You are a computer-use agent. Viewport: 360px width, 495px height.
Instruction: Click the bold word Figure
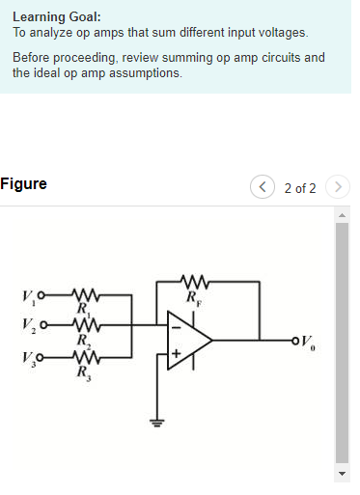23,184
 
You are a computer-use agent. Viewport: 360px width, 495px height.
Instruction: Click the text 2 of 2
300,187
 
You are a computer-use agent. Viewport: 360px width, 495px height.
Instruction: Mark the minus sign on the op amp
176,325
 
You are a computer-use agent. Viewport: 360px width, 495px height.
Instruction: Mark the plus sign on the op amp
176,354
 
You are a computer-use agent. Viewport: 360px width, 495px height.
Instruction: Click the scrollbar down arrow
340,474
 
